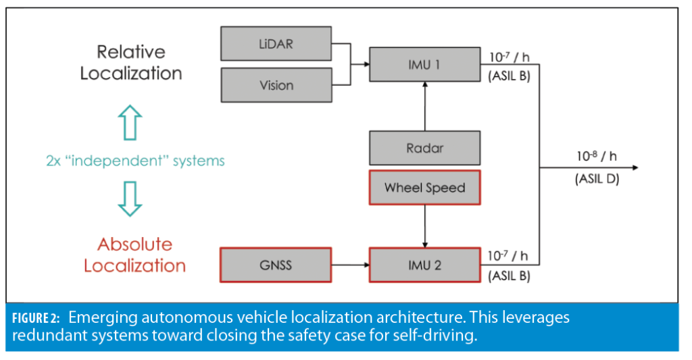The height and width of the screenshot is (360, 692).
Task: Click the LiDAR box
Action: pyautogui.click(x=276, y=43)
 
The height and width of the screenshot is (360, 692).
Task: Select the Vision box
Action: pyautogui.click(x=276, y=85)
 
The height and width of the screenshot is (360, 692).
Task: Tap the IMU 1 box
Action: pyautogui.click(x=424, y=65)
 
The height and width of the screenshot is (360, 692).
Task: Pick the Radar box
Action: pyautogui.click(x=424, y=148)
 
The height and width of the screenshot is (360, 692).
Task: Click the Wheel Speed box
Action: pyautogui.click(x=424, y=188)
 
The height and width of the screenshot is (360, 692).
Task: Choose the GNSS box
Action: pyautogui.click(x=276, y=265)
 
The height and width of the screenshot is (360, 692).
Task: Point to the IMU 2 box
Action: pyautogui.click(x=424, y=265)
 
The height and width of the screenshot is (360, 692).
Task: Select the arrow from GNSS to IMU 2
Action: pyautogui.click(x=350, y=265)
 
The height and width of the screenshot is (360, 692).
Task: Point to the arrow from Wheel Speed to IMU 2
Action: pyautogui.click(x=424, y=226)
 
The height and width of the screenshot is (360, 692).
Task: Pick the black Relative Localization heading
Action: pyautogui.click(x=131, y=62)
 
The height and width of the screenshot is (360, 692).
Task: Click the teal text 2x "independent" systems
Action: pyautogui.click(x=135, y=161)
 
